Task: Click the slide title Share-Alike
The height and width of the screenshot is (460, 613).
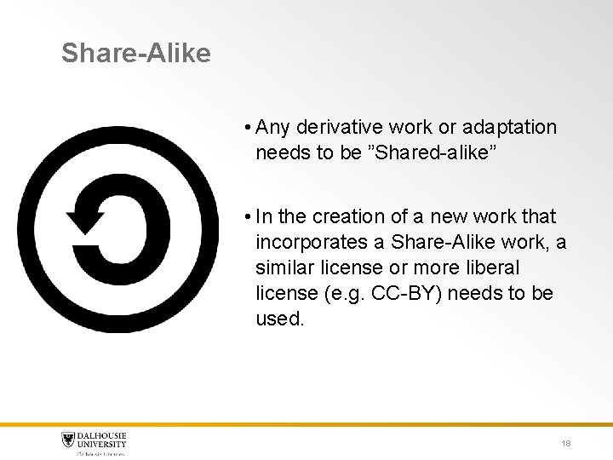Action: pyautogui.click(x=135, y=54)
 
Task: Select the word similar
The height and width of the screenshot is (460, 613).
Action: pyautogui.click(x=281, y=268)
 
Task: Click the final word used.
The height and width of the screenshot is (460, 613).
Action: pyautogui.click(x=279, y=319)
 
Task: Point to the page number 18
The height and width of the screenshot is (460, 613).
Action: pyautogui.click(x=566, y=444)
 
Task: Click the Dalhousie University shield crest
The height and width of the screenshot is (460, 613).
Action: pyautogui.click(x=69, y=440)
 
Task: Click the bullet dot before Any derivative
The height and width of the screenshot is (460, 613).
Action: pyautogui.click(x=245, y=129)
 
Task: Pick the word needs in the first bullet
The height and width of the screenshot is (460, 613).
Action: pyautogui.click(x=278, y=153)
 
